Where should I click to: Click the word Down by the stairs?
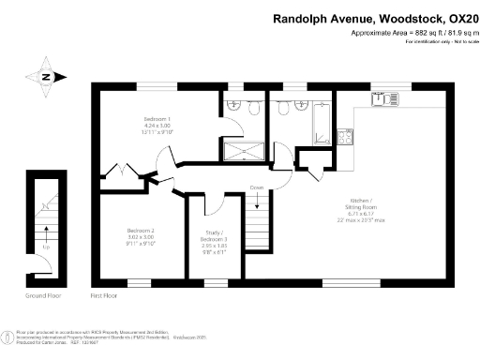tap(257, 187)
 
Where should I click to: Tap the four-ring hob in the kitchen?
tap(345, 137)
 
